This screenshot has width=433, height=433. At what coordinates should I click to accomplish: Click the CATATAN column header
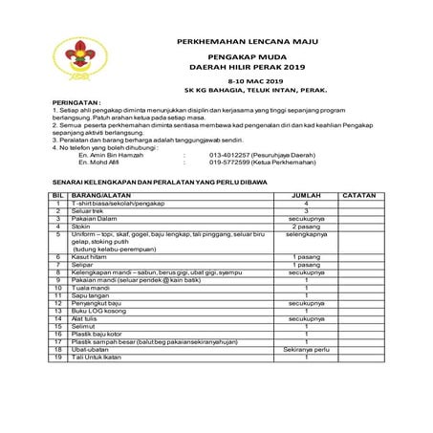360,194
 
